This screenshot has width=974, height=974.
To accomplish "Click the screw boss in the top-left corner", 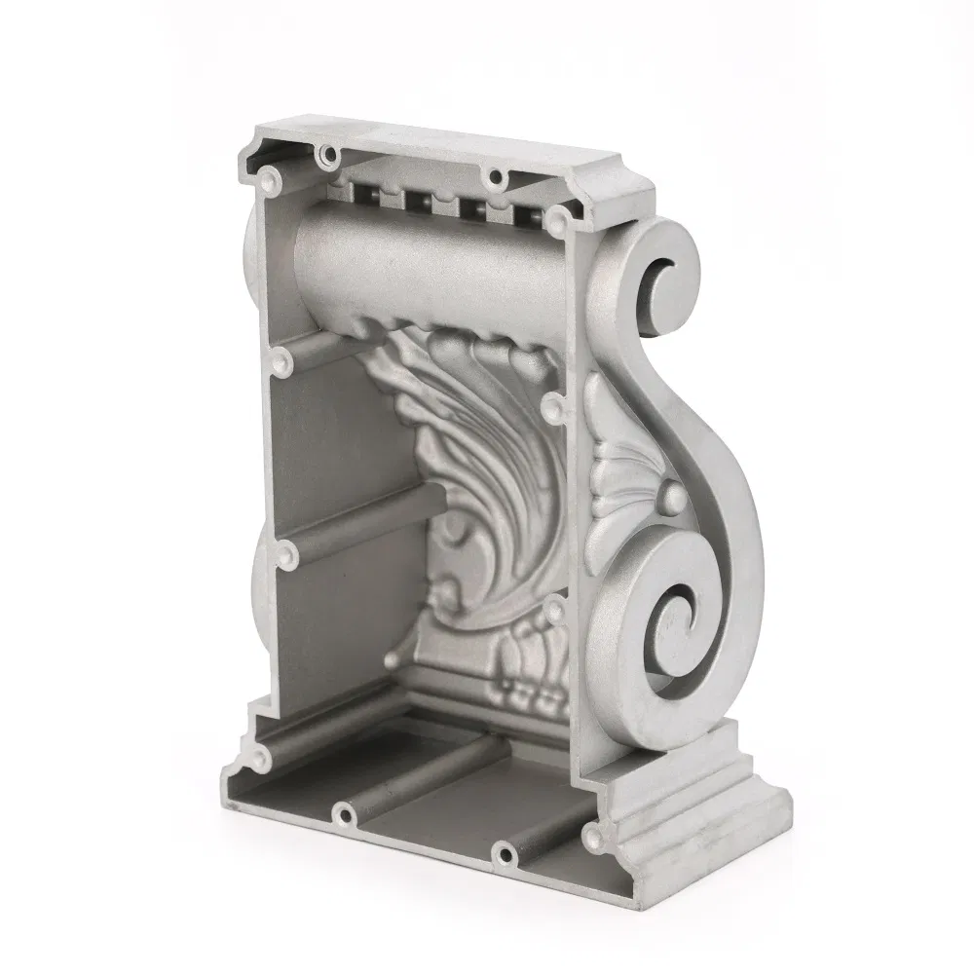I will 268,179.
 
